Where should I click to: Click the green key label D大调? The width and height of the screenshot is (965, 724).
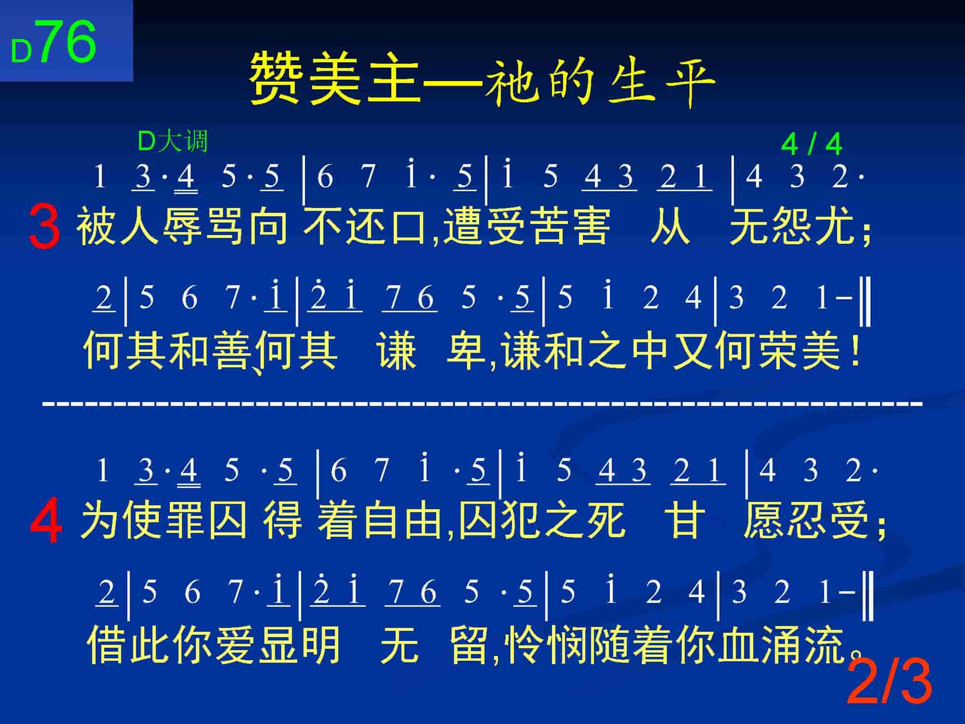point(173,141)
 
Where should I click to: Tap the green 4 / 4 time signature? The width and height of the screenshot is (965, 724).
point(811,144)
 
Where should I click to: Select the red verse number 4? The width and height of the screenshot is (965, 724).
point(46,522)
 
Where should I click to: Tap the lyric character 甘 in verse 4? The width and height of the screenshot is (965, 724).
point(684,520)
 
